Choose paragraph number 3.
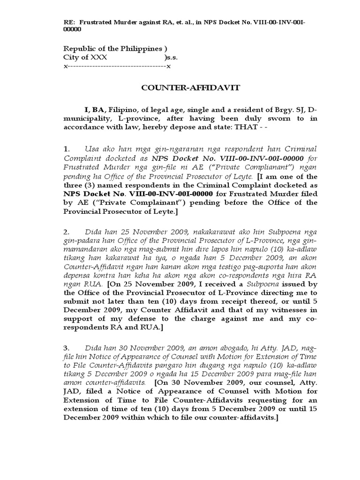66,348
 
